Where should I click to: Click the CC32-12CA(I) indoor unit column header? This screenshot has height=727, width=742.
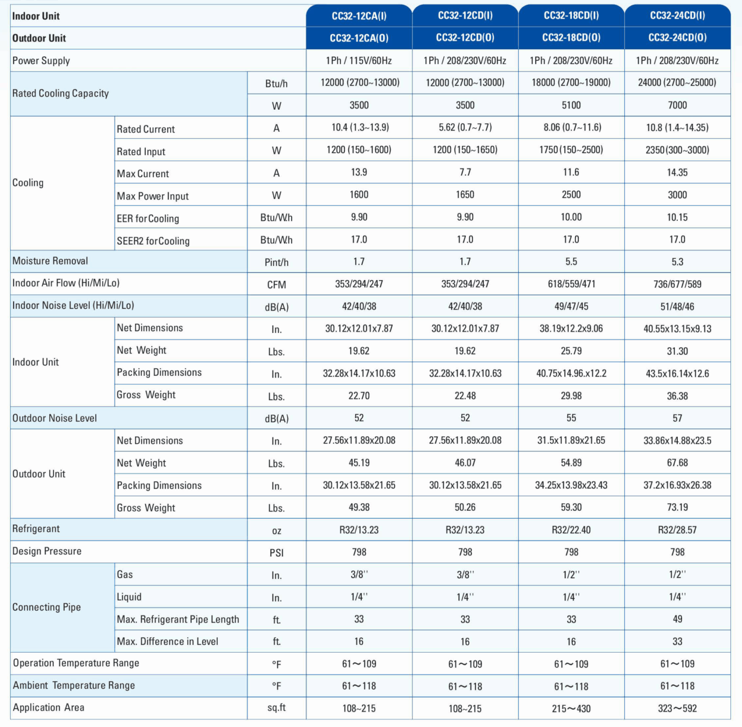359,16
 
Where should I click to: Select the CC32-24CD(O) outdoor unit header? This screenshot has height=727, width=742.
677,38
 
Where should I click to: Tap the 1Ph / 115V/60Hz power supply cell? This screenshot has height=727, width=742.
359,60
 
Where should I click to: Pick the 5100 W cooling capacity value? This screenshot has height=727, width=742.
571,105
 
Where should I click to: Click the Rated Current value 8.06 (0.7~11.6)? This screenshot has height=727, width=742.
571,128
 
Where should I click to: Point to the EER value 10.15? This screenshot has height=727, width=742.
677,217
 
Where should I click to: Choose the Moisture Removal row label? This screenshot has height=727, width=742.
50,261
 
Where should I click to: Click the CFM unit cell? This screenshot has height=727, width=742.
276,285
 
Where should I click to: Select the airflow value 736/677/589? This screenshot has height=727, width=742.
677,284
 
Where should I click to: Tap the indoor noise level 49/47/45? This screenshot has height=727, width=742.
571,307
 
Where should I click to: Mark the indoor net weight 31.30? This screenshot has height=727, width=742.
677,351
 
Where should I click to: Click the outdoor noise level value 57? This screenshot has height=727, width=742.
677,418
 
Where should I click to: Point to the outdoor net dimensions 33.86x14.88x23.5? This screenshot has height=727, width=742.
677,441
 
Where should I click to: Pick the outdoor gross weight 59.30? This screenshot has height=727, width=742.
571,508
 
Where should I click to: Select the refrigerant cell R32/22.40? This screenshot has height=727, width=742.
571,530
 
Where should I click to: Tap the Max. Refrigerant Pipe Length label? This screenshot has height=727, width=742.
178,619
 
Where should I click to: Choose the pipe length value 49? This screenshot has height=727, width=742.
677,619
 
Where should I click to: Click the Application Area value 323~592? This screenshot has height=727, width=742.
677,709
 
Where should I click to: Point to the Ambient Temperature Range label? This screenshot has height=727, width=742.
74,685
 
